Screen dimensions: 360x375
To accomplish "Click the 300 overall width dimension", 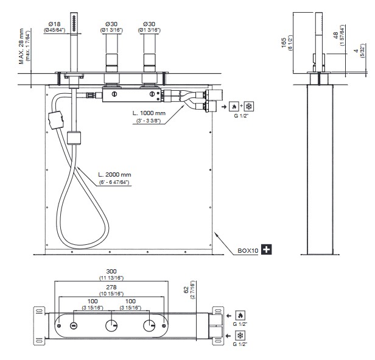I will (111, 271).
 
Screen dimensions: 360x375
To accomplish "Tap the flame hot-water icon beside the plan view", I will (239, 316).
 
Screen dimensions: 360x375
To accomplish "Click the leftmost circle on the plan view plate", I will (72, 326).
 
